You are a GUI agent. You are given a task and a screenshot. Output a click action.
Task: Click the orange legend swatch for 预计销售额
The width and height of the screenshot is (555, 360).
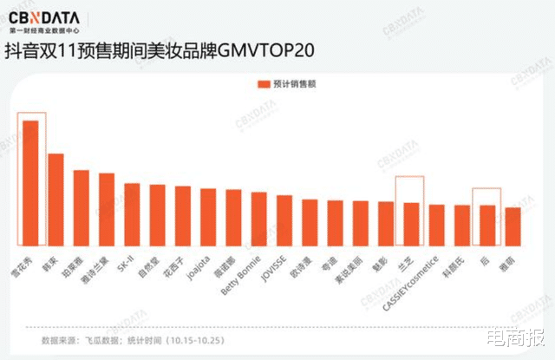click(263, 84)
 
